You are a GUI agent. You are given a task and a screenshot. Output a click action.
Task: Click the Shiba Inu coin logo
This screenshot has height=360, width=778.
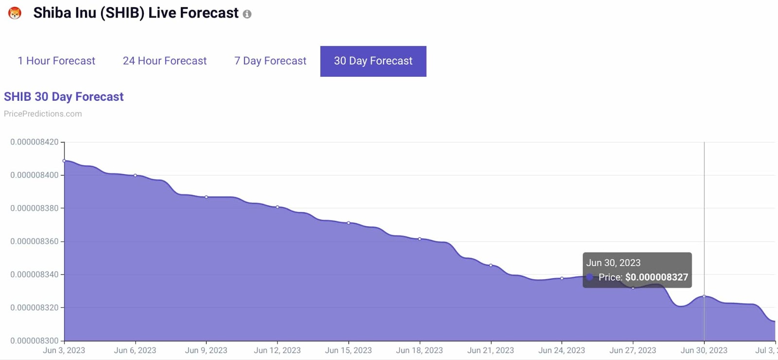pyautogui.click(x=15, y=13)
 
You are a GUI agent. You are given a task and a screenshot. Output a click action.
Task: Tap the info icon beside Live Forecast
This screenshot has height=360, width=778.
pyautogui.click(x=247, y=14)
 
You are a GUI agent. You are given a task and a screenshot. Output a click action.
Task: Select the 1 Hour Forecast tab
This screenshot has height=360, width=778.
pyautogui.click(x=56, y=61)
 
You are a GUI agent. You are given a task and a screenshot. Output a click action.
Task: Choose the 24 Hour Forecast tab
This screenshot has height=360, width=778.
pyautogui.click(x=164, y=61)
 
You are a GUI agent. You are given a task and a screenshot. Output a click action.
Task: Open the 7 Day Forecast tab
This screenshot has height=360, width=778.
pyautogui.click(x=270, y=61)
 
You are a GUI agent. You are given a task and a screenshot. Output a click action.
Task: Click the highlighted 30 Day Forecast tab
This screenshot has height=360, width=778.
pyautogui.click(x=373, y=61)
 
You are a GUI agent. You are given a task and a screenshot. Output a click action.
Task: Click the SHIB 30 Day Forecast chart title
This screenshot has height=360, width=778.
pyautogui.click(x=64, y=96)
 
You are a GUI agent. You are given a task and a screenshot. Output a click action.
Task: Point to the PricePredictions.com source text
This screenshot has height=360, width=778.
pyautogui.click(x=43, y=113)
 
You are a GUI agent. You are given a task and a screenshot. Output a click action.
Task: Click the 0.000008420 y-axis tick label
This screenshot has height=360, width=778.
pyautogui.click(x=34, y=142)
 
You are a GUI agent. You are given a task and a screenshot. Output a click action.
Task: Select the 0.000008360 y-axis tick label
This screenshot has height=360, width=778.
pyautogui.click(x=34, y=241)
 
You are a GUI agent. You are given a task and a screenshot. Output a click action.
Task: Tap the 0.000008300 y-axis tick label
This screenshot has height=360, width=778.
pyautogui.click(x=34, y=341)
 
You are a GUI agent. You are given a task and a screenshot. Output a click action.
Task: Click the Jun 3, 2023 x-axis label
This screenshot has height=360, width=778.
pyautogui.click(x=64, y=350)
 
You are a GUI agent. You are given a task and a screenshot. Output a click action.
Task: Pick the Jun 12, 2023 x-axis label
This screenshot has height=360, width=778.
pyautogui.click(x=277, y=350)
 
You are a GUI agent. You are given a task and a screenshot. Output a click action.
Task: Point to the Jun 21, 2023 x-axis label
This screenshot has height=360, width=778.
pyautogui.click(x=490, y=350)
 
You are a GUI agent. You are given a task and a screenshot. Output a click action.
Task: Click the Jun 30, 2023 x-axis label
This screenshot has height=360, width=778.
pyautogui.click(x=704, y=350)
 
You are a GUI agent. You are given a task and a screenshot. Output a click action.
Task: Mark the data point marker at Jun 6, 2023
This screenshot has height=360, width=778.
pyautogui.click(x=135, y=175)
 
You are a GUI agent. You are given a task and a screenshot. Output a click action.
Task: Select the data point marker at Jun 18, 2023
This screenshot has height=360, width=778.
pyautogui.click(x=420, y=239)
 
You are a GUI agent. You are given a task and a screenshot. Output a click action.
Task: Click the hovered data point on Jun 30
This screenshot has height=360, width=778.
pyautogui.click(x=704, y=296)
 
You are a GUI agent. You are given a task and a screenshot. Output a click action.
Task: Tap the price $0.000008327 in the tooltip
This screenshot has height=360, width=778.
pyautogui.click(x=656, y=277)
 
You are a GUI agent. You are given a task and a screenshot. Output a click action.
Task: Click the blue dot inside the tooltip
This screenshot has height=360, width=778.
pyautogui.click(x=590, y=277)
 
